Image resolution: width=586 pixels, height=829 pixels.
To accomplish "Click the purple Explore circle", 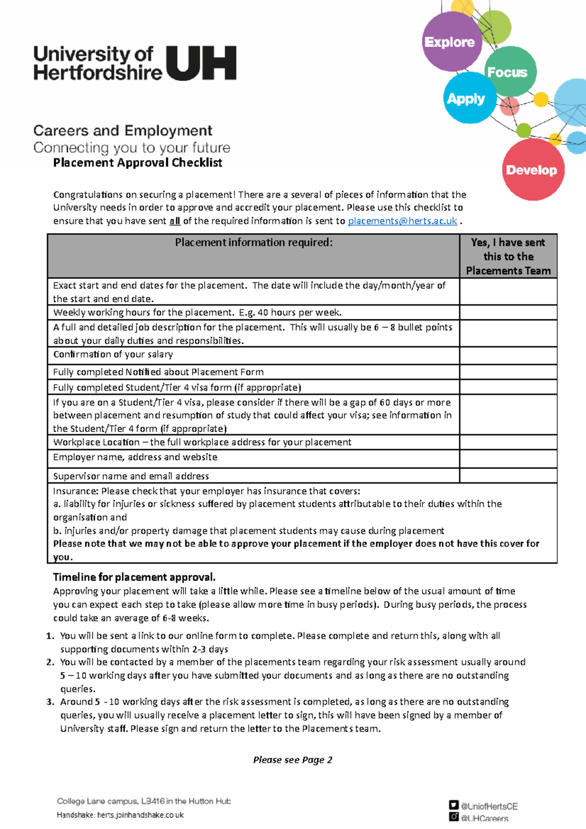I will pyautogui.click(x=450, y=42).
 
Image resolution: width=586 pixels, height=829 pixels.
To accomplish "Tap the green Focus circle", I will pyautogui.click(x=509, y=72).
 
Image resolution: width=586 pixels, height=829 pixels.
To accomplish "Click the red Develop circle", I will pyautogui.click(x=532, y=170).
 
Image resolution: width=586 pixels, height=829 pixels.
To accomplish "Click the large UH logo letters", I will pyautogui.click(x=201, y=63).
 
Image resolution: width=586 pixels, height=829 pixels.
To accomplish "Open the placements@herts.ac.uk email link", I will pyautogui.click(x=402, y=221).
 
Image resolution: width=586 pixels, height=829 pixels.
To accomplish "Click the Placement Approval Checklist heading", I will pyautogui.click(x=138, y=163).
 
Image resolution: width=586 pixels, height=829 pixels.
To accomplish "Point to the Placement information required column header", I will pyautogui.click(x=253, y=243).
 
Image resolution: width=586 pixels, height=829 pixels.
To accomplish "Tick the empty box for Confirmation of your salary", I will pyautogui.click(x=508, y=355).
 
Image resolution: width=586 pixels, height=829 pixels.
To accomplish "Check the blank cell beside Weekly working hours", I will pyautogui.click(x=508, y=312).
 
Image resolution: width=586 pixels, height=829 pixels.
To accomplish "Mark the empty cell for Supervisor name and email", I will pyautogui.click(x=508, y=476).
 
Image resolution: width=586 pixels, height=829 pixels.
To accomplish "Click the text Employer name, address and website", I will pyautogui.click(x=135, y=457).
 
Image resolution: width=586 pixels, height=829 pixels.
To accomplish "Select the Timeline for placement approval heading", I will pyautogui.click(x=134, y=577).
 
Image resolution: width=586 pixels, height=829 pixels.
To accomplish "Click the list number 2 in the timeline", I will pyautogui.click(x=50, y=662).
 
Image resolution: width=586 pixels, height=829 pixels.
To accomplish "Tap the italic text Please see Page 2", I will pyautogui.click(x=293, y=760).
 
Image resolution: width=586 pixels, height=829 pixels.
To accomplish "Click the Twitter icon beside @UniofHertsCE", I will pyautogui.click(x=454, y=805).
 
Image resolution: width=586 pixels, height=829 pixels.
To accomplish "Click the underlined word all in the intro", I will pyautogui.click(x=175, y=221).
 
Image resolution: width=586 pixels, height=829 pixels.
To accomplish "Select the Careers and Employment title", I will pyautogui.click(x=123, y=131).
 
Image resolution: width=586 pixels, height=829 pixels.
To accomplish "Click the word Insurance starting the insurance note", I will pyautogui.click(x=75, y=491).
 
